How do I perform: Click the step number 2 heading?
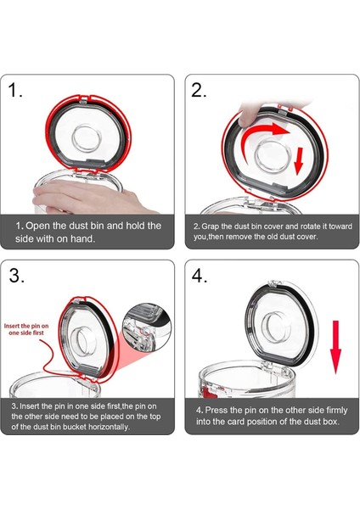point(199,91)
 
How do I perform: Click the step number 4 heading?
point(200,277)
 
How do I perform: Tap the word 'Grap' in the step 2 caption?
point(214,227)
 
